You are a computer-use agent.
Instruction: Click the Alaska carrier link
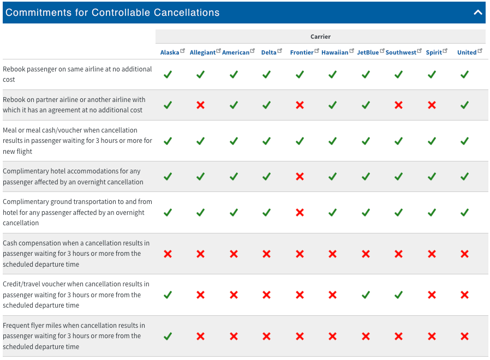169,52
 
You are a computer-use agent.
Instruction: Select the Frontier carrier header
302,52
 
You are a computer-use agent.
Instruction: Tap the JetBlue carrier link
368,52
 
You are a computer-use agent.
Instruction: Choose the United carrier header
467,52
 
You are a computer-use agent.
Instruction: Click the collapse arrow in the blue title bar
478,13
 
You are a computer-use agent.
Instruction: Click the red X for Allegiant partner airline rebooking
200,105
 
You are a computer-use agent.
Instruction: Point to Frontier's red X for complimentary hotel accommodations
300,177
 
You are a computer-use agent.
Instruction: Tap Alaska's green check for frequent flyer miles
168,337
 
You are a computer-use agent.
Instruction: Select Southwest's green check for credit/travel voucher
399,295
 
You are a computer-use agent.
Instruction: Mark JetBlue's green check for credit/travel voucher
366,295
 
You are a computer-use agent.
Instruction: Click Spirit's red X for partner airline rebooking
432,105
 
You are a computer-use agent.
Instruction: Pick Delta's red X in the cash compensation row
266,254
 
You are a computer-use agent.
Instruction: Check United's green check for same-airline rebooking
464,74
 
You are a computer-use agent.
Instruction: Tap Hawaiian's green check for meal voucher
332,141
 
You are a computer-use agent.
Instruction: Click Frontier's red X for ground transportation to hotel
300,212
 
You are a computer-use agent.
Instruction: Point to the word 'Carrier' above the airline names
320,37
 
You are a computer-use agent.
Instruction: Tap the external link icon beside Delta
280,51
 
